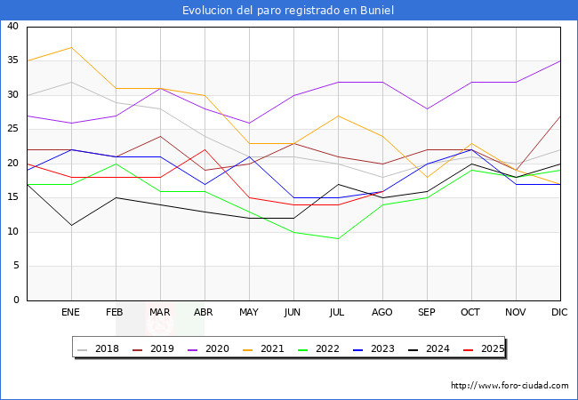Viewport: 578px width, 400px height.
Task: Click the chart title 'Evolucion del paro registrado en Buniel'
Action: tap(288, 11)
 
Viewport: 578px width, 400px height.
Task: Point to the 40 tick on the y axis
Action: tap(12, 27)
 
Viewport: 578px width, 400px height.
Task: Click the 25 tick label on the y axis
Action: tap(12, 130)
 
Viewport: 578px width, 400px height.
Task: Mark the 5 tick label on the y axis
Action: tap(15, 267)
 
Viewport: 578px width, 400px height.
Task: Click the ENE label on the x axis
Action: tap(71, 313)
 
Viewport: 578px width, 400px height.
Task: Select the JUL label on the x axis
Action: tap(338, 313)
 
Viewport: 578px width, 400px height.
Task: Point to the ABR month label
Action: tap(205, 313)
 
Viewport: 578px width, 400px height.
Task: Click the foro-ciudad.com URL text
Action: tap(510, 386)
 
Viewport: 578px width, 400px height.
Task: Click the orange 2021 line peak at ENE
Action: tap(71, 48)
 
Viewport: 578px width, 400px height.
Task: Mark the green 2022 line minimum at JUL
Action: tap(338, 239)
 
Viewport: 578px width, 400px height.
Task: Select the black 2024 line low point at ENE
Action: tap(71, 225)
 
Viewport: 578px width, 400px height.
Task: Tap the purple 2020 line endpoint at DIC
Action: tap(560, 61)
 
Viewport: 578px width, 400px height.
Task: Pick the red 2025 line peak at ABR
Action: tap(205, 149)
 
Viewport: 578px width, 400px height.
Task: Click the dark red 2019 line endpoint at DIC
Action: tap(560, 116)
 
